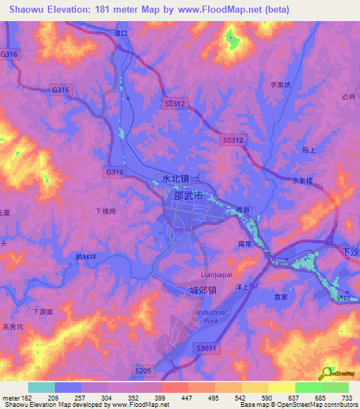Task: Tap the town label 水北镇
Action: coord(176,179)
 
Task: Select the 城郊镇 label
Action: coord(203,290)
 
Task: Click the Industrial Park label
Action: coord(212,316)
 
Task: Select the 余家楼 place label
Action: coord(301,180)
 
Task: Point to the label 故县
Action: coord(243,209)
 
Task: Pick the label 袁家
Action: coord(281,297)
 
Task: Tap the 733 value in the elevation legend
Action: coord(346,398)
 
